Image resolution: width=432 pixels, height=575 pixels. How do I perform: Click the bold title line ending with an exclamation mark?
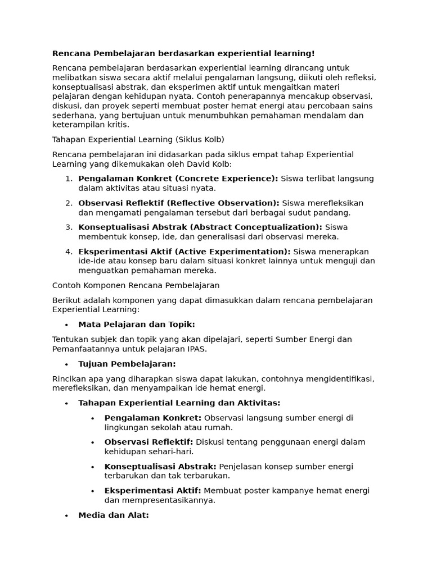[183, 53]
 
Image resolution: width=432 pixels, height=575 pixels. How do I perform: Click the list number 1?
[68, 179]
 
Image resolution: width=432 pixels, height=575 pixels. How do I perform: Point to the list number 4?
[68, 252]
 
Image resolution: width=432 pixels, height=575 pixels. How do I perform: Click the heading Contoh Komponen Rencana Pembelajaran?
[136, 285]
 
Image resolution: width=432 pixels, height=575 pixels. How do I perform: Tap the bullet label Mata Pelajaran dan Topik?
[137, 325]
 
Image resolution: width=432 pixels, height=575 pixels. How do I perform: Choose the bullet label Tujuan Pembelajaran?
[127, 364]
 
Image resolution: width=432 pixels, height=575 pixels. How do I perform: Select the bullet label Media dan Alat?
[114, 515]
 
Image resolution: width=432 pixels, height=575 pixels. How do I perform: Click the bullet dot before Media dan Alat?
[66, 515]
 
